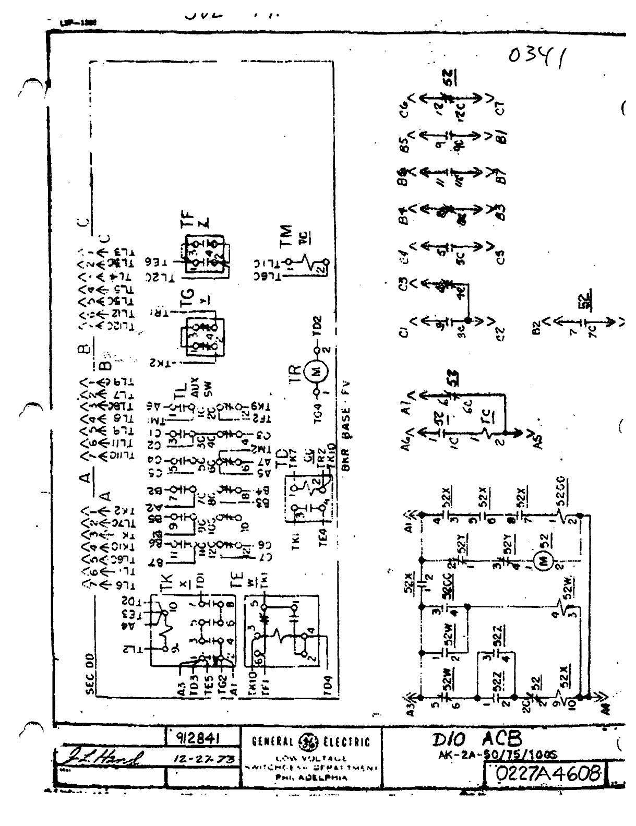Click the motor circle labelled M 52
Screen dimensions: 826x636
coord(541,562)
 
